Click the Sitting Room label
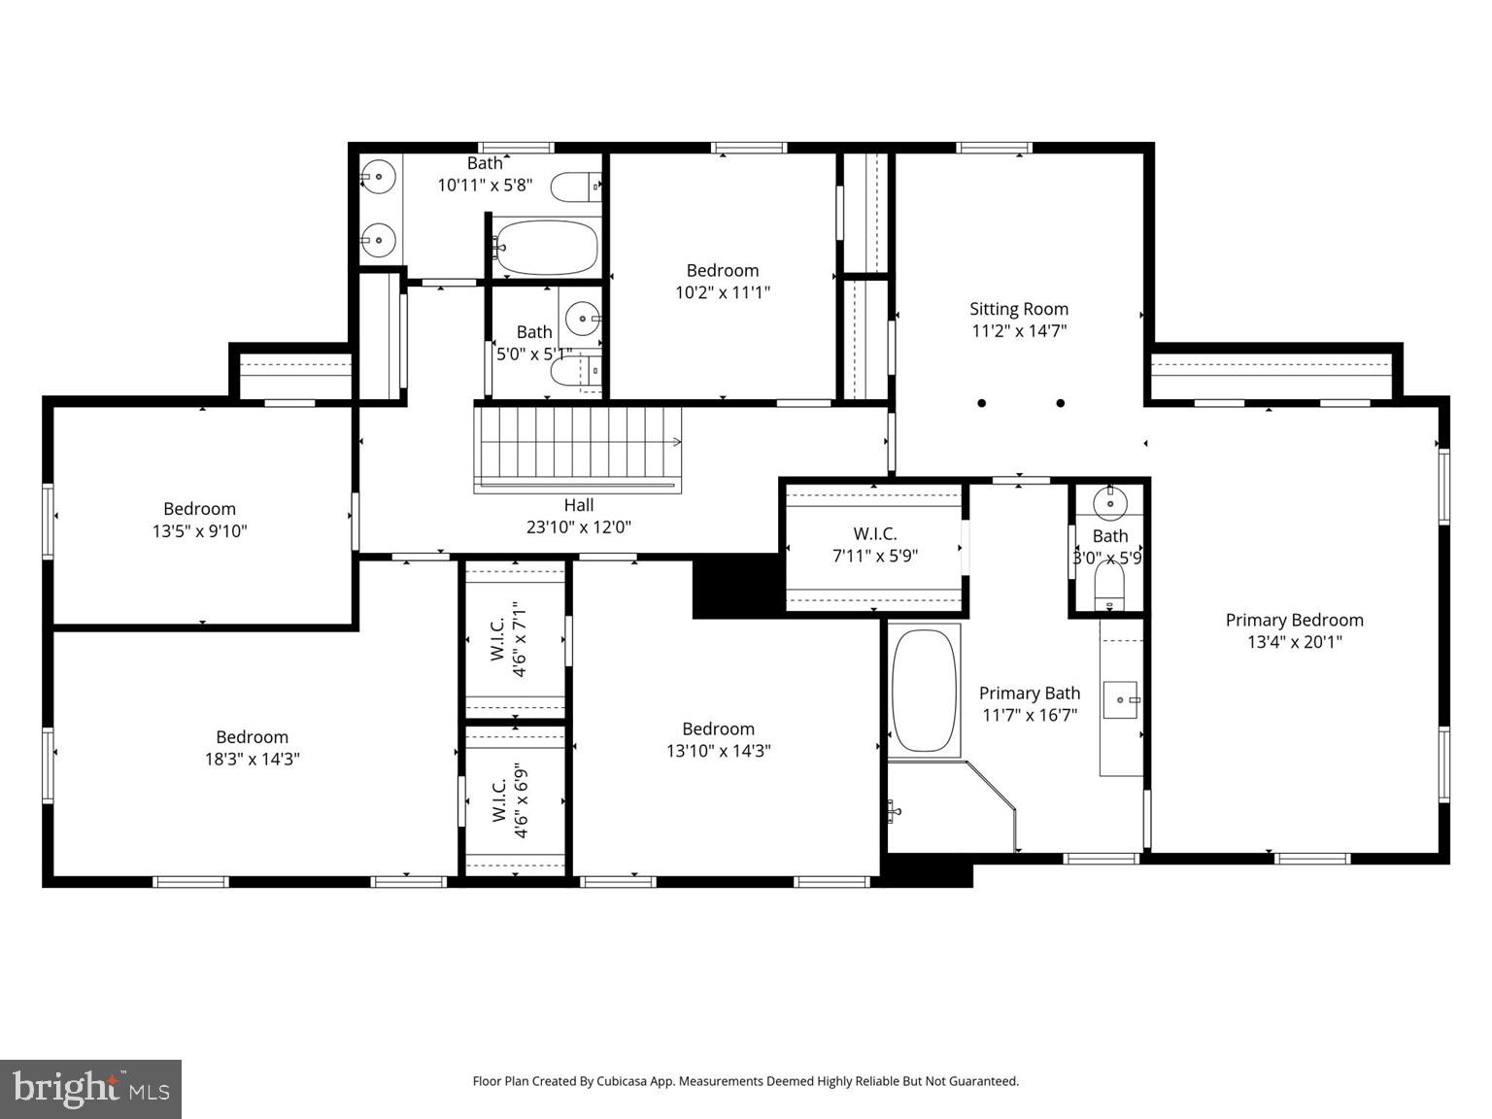[1018, 309]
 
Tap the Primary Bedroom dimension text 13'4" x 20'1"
[1294, 642]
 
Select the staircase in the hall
[577, 449]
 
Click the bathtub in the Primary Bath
[925, 691]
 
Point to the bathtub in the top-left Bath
[546, 248]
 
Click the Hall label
[579, 505]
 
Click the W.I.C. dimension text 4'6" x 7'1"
[522, 638]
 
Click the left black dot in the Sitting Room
[982, 403]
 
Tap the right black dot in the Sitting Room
[1061, 403]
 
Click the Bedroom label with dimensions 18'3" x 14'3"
[252, 737]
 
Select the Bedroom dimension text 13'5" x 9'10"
[199, 531]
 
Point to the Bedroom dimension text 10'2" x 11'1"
[722, 292]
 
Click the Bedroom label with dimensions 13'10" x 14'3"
[718, 729]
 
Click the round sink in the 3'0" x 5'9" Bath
[1109, 503]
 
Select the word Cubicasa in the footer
[623, 1081]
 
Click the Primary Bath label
[1029, 694]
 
